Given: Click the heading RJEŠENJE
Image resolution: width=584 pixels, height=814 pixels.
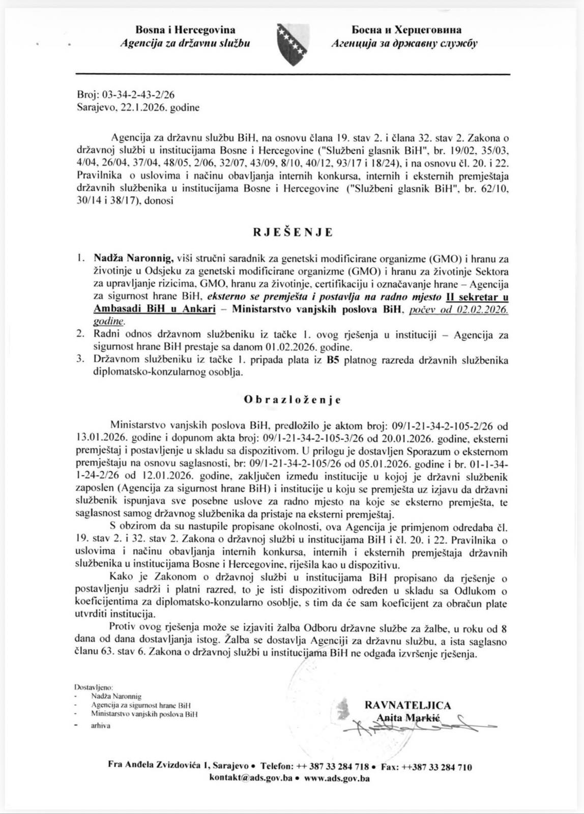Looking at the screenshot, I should tap(293, 232).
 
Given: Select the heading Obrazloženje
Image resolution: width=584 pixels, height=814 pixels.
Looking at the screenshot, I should tap(292, 399).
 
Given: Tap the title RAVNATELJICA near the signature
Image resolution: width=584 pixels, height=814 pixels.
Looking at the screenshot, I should tap(407, 705).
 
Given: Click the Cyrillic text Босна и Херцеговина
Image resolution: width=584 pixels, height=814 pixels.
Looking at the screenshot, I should tap(405, 31).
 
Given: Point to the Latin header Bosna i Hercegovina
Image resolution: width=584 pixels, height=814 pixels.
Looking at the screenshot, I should tap(185, 31).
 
